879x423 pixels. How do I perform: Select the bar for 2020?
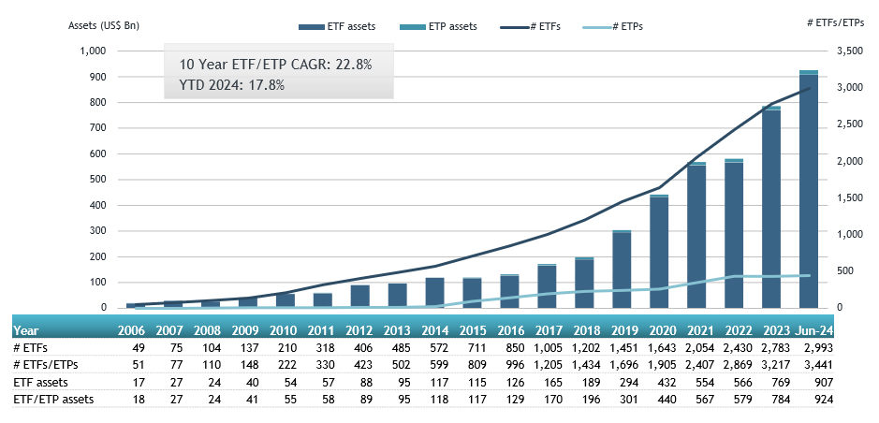[x=659, y=253]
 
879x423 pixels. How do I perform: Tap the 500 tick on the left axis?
[x=97, y=179]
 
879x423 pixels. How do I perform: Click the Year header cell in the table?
[x=26, y=330]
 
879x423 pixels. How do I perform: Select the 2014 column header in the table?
[x=434, y=330]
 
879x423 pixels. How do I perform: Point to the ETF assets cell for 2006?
[x=138, y=383]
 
